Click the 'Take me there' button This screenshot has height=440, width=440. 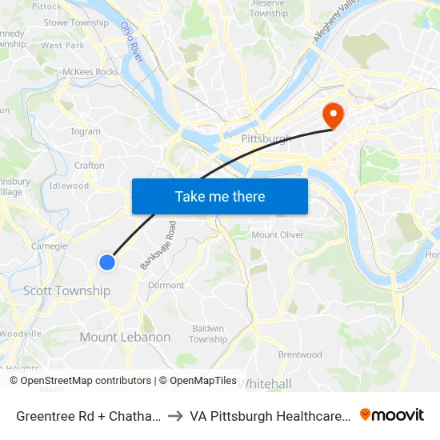[220, 196]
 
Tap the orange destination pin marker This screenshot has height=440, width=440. [331, 114]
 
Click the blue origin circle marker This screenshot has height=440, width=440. [107, 262]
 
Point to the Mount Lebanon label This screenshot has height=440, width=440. [125, 337]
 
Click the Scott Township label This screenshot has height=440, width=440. [66, 290]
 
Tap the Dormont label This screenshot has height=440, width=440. [166, 285]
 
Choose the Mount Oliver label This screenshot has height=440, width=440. [276, 234]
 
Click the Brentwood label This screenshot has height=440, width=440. [300, 354]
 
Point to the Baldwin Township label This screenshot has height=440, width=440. [208, 334]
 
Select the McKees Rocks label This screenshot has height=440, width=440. [90, 72]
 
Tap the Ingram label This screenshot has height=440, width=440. [86, 131]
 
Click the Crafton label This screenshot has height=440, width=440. [89, 166]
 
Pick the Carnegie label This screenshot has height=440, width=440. [49, 246]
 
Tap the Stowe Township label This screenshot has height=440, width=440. [76, 22]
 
